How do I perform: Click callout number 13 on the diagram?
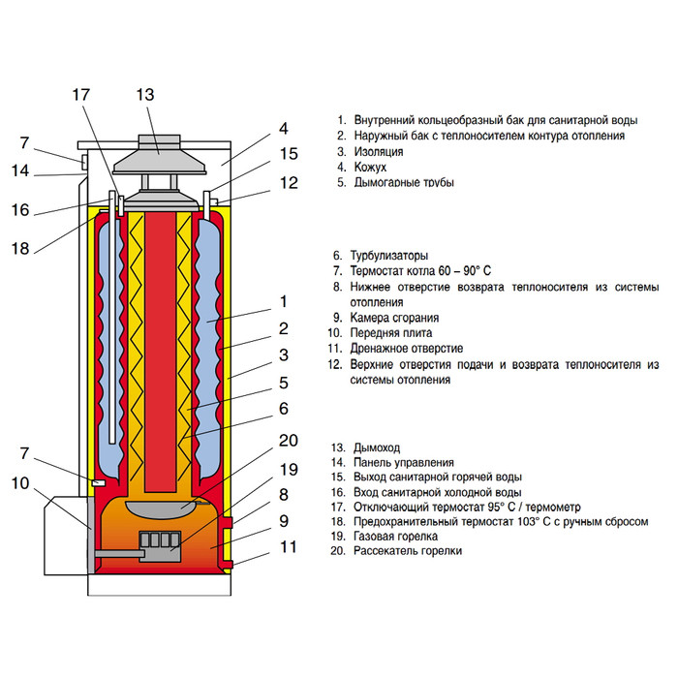(x=145, y=95)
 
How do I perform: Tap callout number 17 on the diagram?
(x=81, y=95)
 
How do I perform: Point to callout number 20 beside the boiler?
(x=287, y=441)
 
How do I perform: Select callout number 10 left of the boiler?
(x=21, y=483)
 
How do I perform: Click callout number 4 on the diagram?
(x=283, y=128)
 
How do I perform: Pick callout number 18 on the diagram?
(x=21, y=248)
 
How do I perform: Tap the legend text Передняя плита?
(x=393, y=333)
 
